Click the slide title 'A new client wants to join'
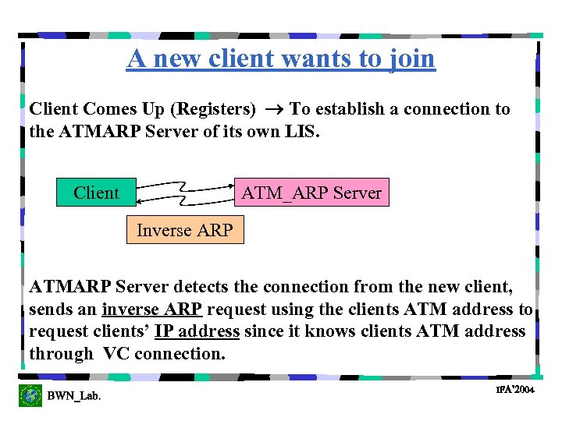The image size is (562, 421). (281, 58)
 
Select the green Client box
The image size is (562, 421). (96, 193)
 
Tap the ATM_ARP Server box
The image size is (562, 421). (311, 193)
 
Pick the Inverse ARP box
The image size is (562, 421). (185, 230)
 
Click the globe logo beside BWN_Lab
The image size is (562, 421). (30, 395)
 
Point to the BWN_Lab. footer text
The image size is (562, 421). (73, 397)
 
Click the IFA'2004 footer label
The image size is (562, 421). (514, 389)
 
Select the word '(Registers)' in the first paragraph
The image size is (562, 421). (215, 109)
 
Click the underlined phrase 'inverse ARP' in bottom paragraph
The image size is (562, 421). (152, 310)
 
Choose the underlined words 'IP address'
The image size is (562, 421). (197, 331)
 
